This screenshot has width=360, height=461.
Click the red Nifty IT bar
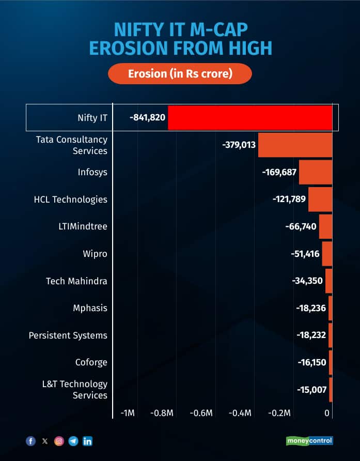[x=250, y=117]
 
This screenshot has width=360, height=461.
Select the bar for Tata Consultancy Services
[x=295, y=145]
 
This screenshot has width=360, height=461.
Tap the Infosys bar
[x=315, y=172]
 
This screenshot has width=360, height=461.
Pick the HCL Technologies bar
[x=320, y=199]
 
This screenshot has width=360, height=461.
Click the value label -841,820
[x=148, y=117]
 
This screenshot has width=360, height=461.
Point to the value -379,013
[x=239, y=145]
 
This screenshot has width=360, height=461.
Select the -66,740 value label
[x=301, y=226]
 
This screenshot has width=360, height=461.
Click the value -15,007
[x=312, y=390]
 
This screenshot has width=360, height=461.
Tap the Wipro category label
[x=95, y=254]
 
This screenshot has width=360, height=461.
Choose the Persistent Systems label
[x=68, y=335]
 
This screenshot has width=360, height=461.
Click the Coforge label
[x=92, y=362]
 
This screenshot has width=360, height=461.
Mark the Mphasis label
[x=90, y=308]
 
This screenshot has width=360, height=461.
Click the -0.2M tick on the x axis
[x=279, y=413]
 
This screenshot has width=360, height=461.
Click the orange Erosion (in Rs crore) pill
[x=180, y=73]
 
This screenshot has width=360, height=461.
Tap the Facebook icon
[x=30, y=441]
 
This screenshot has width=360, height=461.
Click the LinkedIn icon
[x=87, y=441]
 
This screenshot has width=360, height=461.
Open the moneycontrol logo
[x=309, y=441]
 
